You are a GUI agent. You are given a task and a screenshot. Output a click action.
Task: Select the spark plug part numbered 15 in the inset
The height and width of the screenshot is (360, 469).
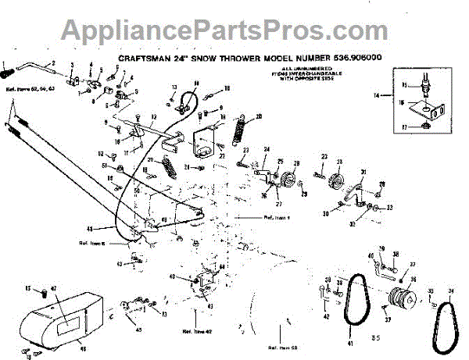point(427,82)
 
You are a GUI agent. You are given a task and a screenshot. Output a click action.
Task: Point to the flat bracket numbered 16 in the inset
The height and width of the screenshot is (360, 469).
point(429,108)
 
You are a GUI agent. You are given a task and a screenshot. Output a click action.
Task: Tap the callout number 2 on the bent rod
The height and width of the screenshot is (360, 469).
point(55,62)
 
